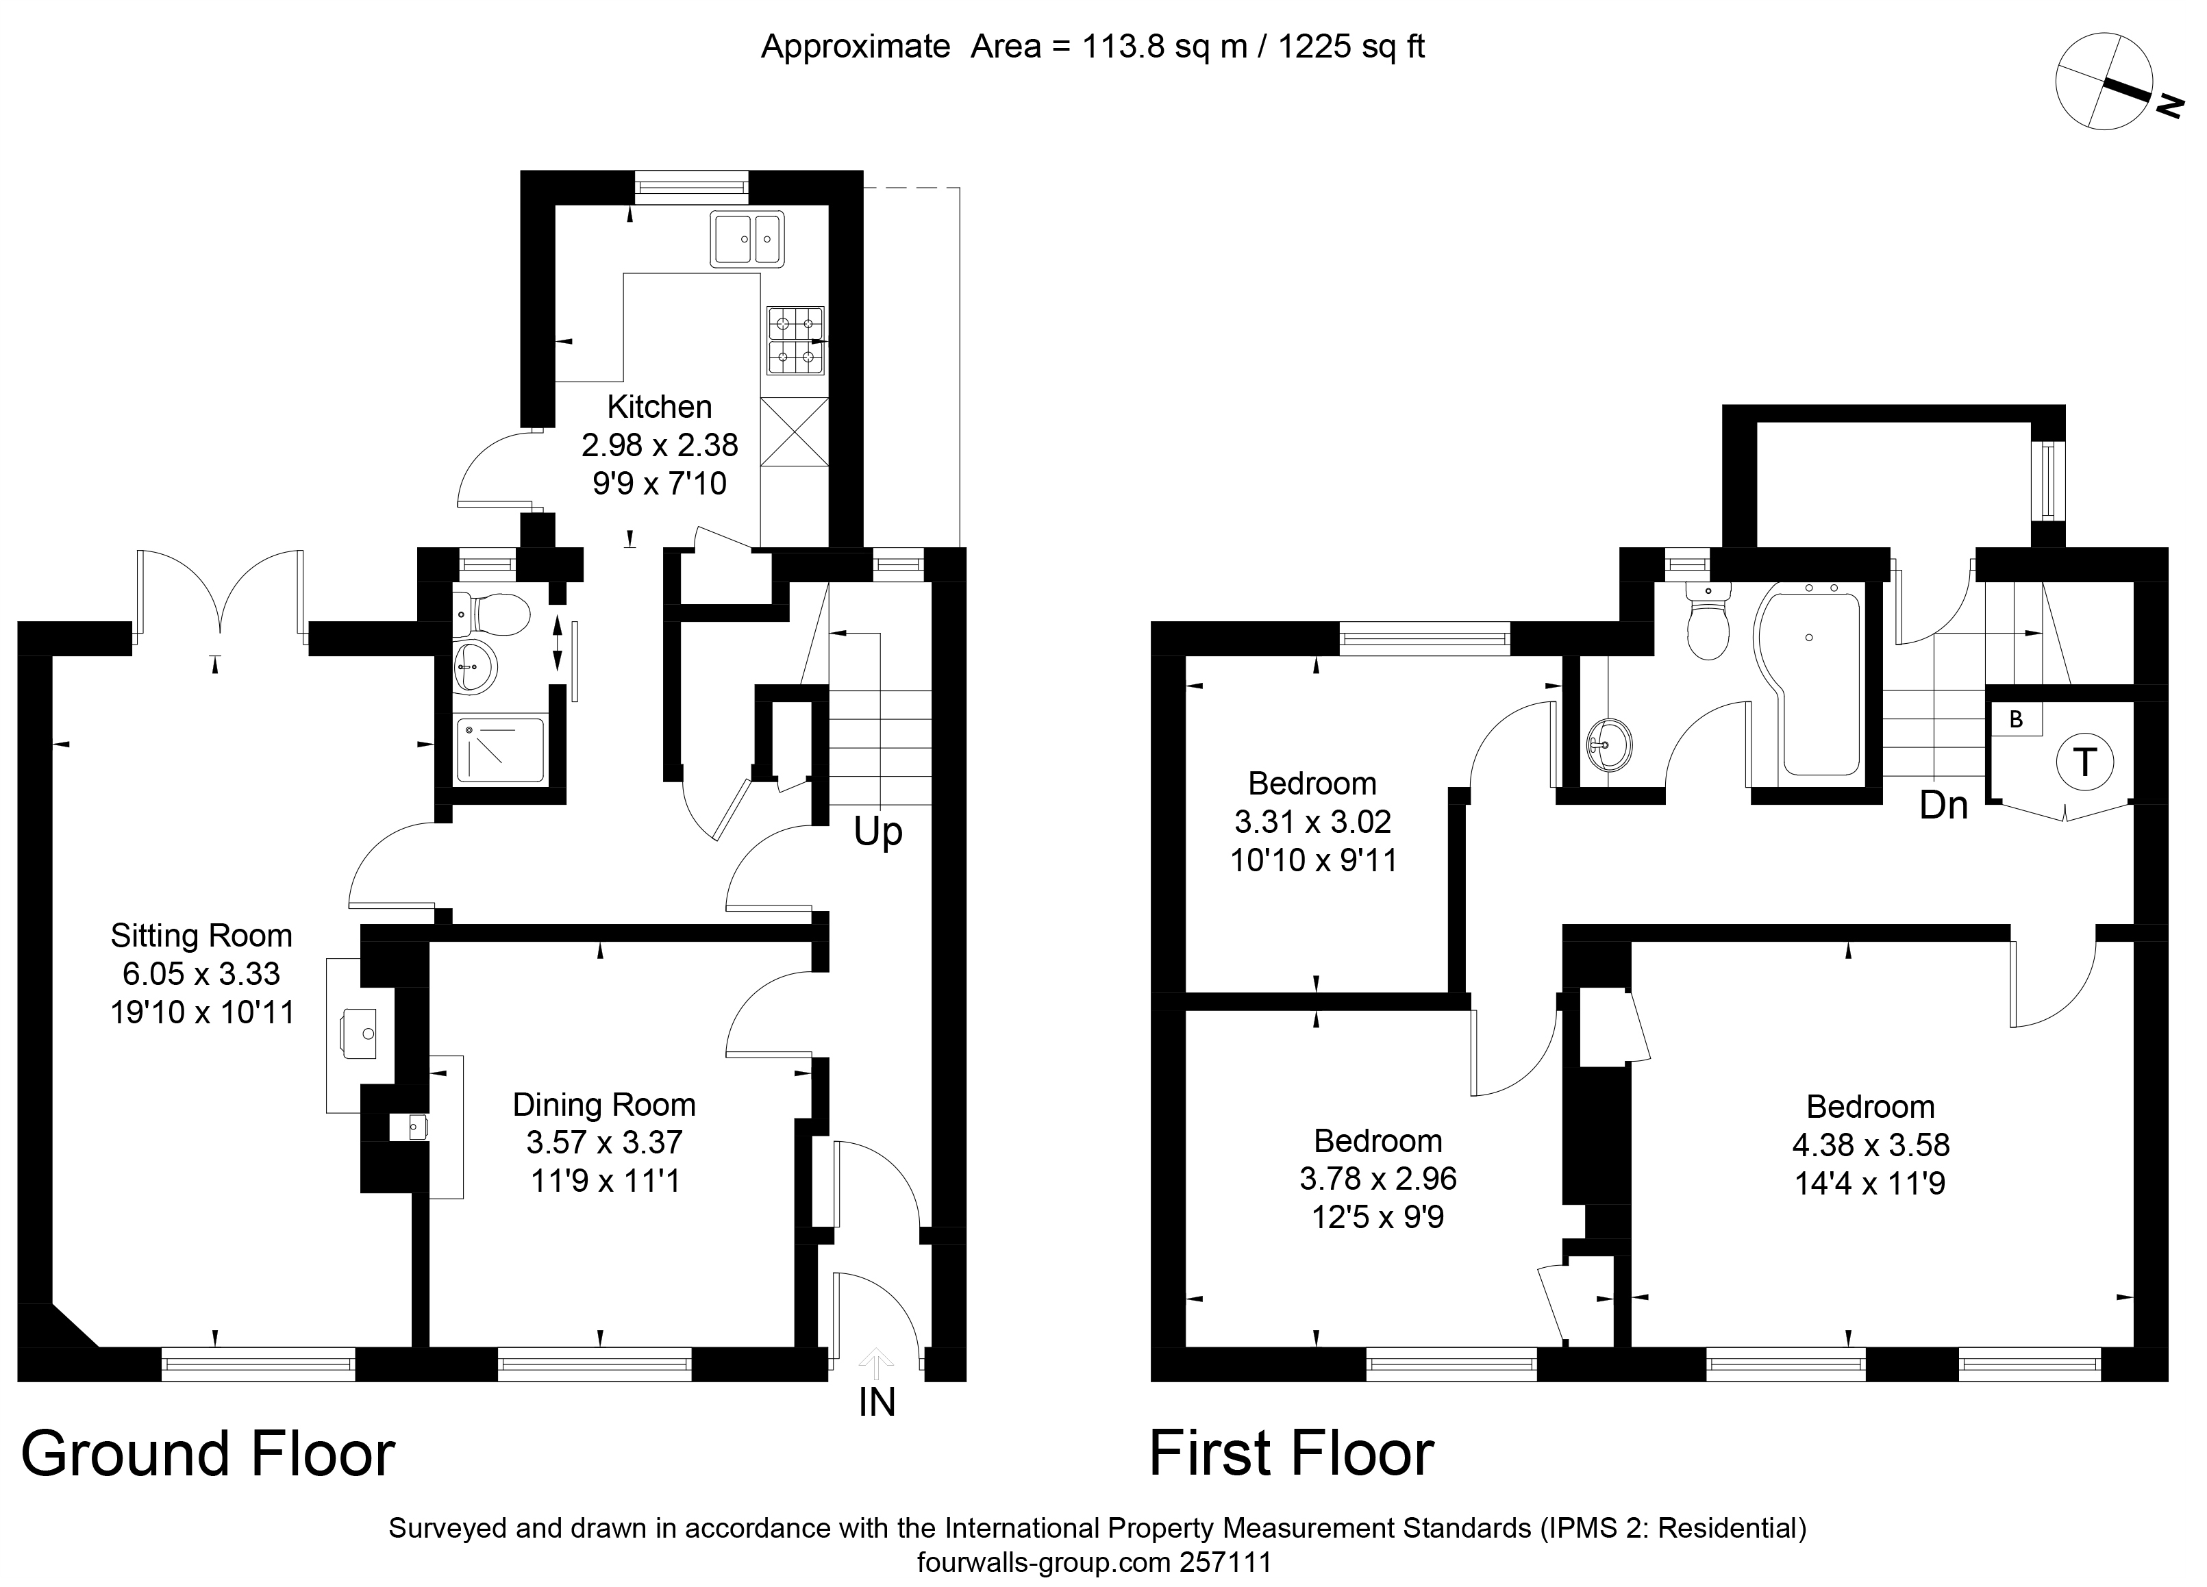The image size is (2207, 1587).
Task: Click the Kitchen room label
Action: [x=659, y=407]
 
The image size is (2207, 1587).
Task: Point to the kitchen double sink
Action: [x=747, y=239]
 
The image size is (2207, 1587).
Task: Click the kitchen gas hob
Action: [x=796, y=340]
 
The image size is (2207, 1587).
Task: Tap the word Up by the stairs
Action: [x=877, y=832]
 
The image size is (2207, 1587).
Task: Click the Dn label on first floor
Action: [x=1943, y=805]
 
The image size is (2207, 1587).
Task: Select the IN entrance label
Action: [x=877, y=1402]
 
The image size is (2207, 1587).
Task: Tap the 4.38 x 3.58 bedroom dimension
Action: [x=1870, y=1145]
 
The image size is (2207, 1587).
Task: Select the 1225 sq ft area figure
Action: [x=1351, y=47]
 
